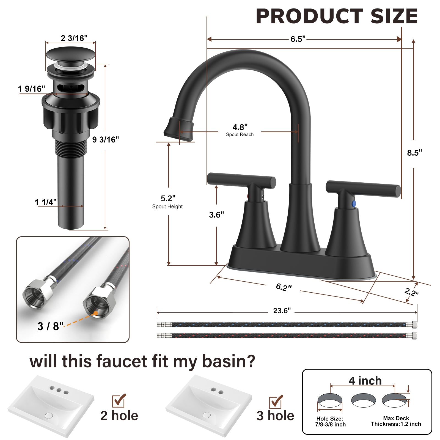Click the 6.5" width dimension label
[298, 39]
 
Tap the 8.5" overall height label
[414, 153]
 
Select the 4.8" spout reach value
[240, 127]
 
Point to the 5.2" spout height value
[168, 198]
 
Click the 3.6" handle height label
[216, 215]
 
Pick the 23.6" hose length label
[282, 311]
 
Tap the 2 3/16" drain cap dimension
[74, 38]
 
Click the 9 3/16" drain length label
[106, 140]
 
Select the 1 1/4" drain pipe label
[46, 202]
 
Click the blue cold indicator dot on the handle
[354, 204]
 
